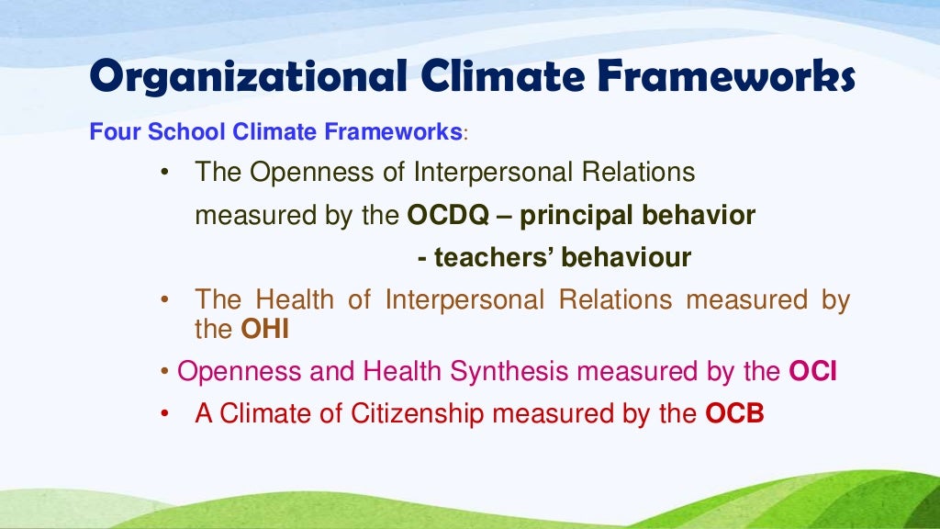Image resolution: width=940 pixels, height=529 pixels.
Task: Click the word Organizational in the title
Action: pos(247,77)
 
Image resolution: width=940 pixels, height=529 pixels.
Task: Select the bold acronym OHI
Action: pos(265,329)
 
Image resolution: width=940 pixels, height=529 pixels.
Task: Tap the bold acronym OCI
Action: pos(812,372)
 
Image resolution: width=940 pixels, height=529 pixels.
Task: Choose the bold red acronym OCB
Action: pos(734,413)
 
